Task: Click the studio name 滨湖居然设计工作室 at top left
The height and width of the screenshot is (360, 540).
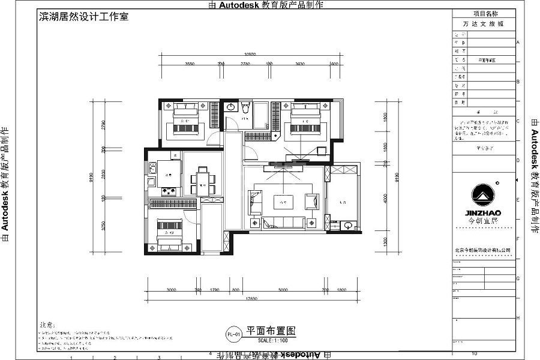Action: tap(83, 17)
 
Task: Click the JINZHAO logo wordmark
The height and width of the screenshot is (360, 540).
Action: tap(483, 212)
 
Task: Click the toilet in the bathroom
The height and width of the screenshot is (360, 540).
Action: tap(244, 108)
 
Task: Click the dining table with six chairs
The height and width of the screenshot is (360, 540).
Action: tap(203, 179)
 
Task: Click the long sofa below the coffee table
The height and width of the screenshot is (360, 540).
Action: tap(282, 223)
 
